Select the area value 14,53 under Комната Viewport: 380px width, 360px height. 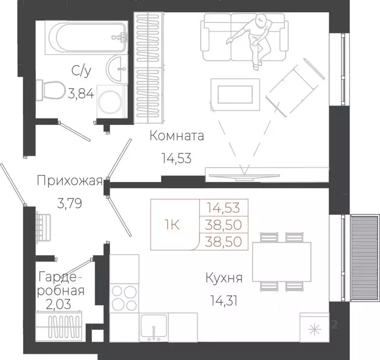point(176,159)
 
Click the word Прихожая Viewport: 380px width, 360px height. point(69,180)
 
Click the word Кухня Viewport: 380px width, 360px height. point(224,278)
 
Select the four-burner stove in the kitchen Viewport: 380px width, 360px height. point(123,297)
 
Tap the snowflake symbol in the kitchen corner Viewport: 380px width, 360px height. point(314,329)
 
